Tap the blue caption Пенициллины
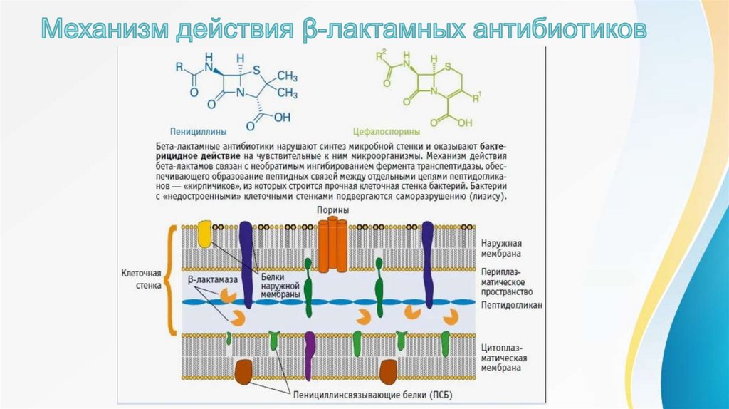tap(199, 131)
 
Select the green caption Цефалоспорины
tap(386, 131)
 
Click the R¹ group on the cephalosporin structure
tap(478, 95)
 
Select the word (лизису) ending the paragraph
tap(488, 195)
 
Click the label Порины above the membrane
tap(334, 210)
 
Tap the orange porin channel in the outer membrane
tap(332, 246)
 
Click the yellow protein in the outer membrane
tap(204, 234)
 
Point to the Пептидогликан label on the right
tap(512, 304)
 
